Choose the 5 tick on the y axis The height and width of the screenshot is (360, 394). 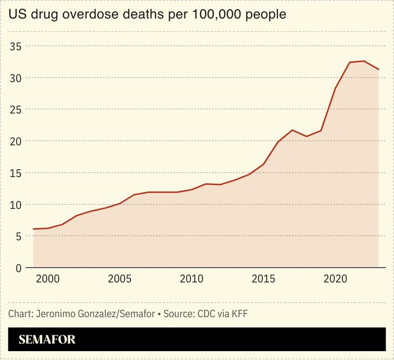18,236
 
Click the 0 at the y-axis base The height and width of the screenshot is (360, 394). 18,268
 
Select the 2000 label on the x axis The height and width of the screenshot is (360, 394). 48,279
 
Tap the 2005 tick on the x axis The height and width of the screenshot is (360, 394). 120,279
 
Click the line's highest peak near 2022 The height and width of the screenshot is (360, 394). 364,61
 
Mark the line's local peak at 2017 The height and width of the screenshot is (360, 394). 292,130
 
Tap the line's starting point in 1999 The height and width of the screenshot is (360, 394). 34,229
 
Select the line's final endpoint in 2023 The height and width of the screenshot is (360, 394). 378,70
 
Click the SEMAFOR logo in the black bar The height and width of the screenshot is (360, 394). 47,340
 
